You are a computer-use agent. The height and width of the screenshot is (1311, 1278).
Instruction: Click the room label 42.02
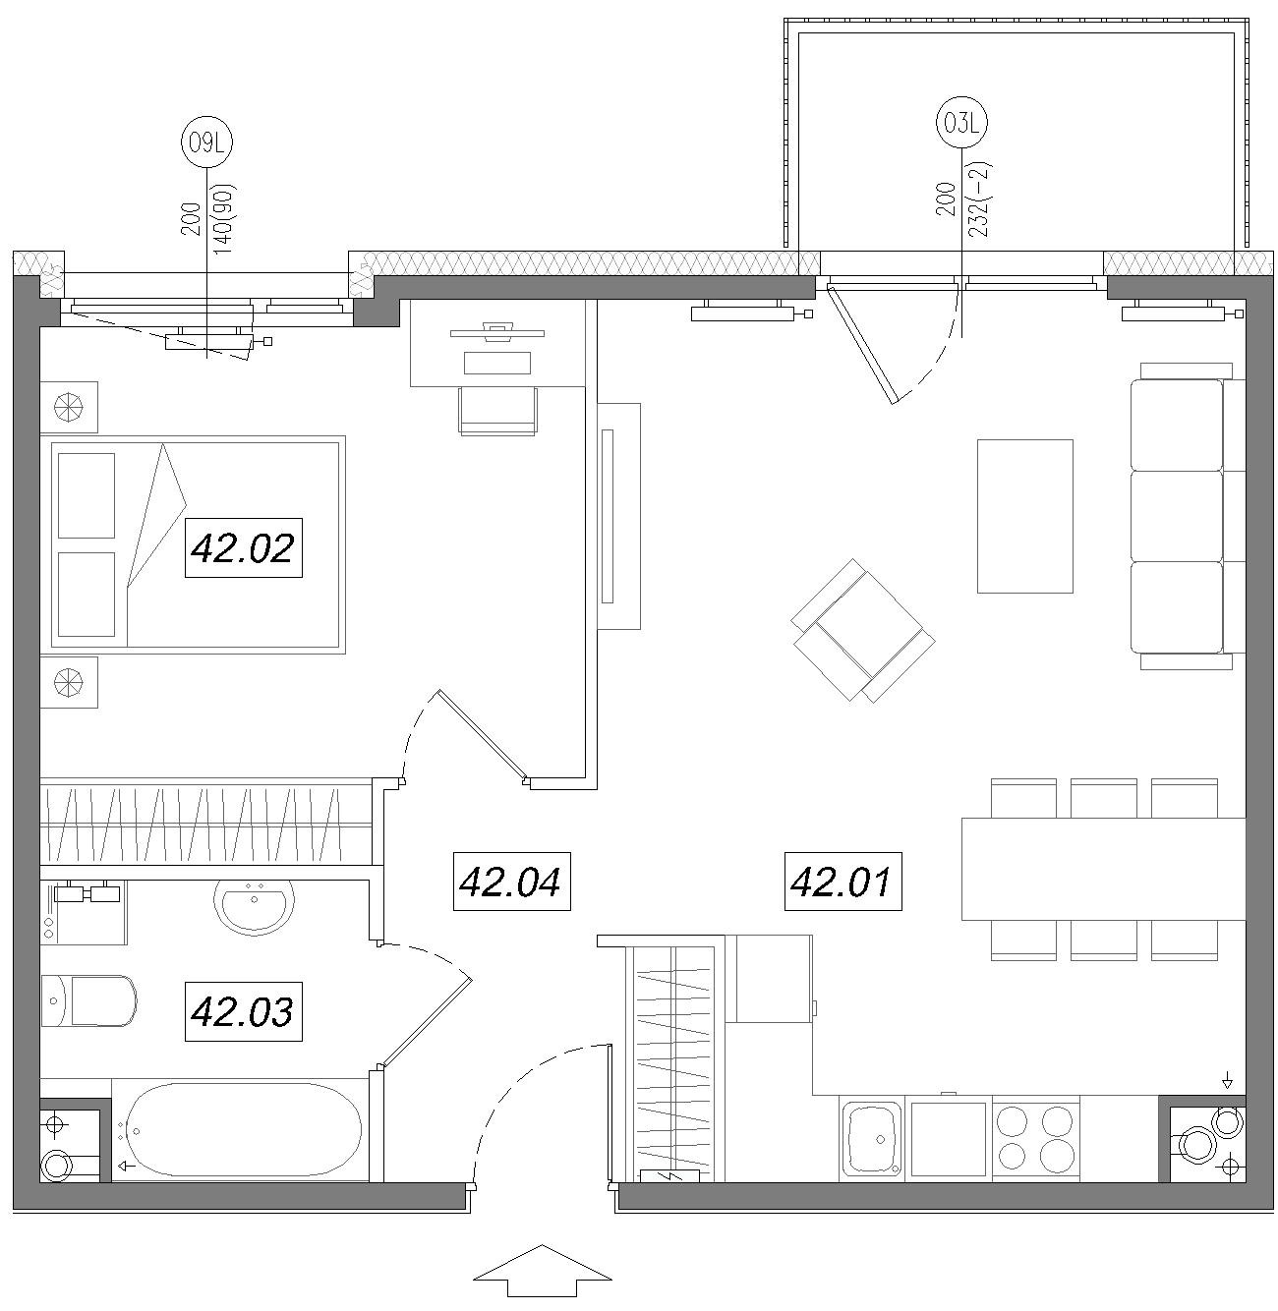click(x=244, y=547)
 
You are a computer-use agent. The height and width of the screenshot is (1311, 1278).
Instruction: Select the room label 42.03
click(x=244, y=1011)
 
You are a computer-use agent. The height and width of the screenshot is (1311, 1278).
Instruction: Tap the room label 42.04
click(x=511, y=882)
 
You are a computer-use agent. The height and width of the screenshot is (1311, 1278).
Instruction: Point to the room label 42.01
click(x=842, y=882)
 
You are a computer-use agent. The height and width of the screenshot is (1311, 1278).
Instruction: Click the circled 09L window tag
click(x=206, y=142)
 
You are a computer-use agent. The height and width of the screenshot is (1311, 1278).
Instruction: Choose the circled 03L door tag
click(x=960, y=123)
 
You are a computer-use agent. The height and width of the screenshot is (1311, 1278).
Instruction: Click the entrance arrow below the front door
click(x=542, y=1271)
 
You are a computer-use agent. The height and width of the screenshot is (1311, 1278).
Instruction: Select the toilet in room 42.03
click(x=89, y=1000)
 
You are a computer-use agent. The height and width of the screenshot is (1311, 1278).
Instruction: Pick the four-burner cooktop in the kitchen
click(x=1035, y=1138)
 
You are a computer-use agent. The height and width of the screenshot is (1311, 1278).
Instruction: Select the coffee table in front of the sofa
click(x=1024, y=516)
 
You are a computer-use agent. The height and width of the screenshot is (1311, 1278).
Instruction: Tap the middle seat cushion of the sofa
click(x=1177, y=516)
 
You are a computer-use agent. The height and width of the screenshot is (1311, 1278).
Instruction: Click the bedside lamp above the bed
click(x=70, y=407)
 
